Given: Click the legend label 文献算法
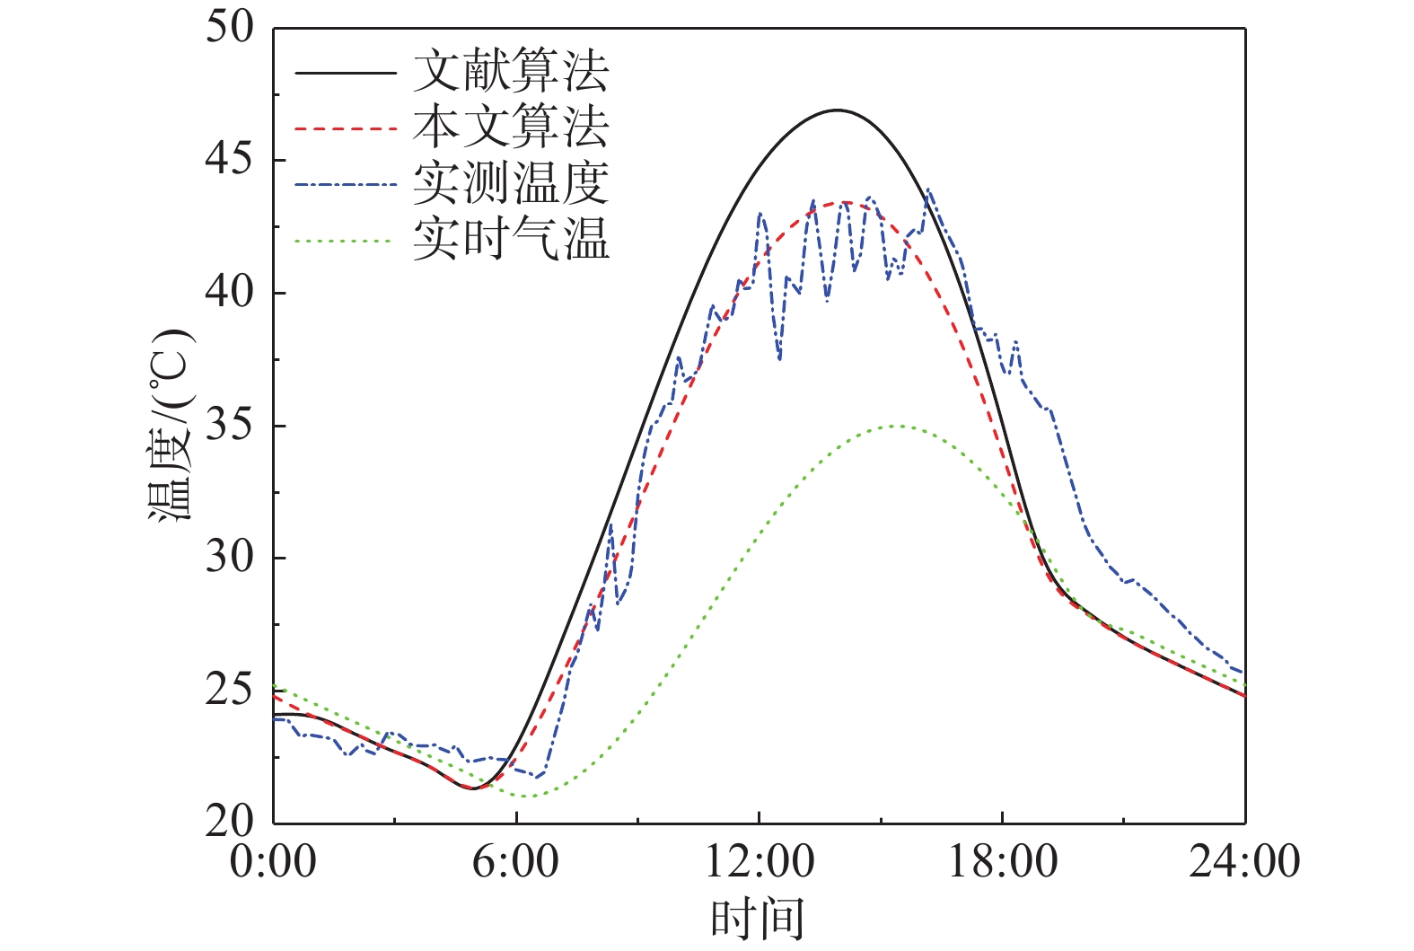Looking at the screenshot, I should [511, 72].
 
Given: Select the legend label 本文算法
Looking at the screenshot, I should [511, 128].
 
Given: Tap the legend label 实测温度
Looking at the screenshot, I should [511, 184].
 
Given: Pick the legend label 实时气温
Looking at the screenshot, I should [511, 240].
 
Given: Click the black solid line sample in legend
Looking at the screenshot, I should [346, 73].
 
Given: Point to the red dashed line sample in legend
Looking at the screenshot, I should [346, 128].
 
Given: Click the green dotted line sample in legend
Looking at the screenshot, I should [346, 241].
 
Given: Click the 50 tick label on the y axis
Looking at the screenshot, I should [230, 27].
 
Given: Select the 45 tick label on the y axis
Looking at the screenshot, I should [230, 160].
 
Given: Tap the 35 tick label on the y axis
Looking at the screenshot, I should [230, 425].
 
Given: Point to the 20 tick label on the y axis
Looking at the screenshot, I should [230, 822].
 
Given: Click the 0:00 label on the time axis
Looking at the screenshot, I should [273, 861].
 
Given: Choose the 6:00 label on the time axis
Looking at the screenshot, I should [515, 861].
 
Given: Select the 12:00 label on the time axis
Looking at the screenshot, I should [759, 861].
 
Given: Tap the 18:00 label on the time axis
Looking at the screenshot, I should [1002, 861].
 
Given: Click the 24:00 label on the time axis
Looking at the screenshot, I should [1244, 861].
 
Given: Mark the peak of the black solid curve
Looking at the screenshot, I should [837, 110].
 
